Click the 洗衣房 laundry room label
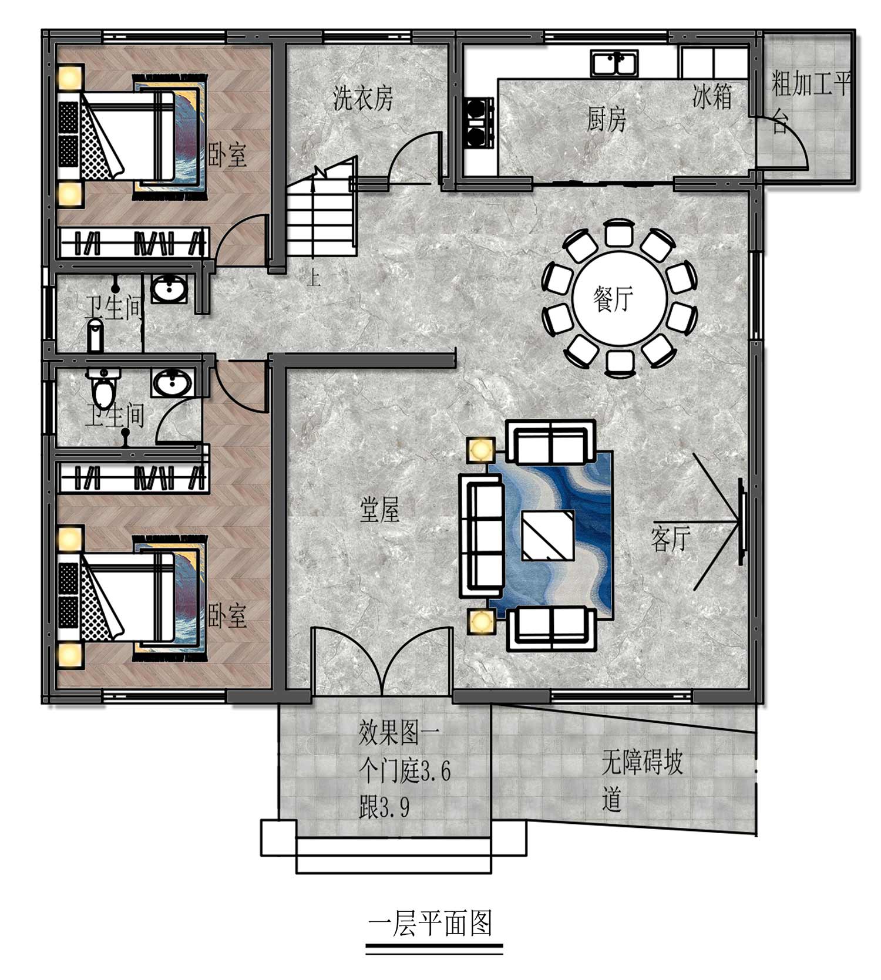tap(363, 98)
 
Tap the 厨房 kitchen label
tap(607, 119)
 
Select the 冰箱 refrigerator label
tap(712, 96)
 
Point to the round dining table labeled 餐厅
tap(619, 299)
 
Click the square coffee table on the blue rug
tap(548, 536)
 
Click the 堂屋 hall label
tap(379, 509)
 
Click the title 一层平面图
tap(430, 924)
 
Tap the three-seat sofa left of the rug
tap(481, 532)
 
